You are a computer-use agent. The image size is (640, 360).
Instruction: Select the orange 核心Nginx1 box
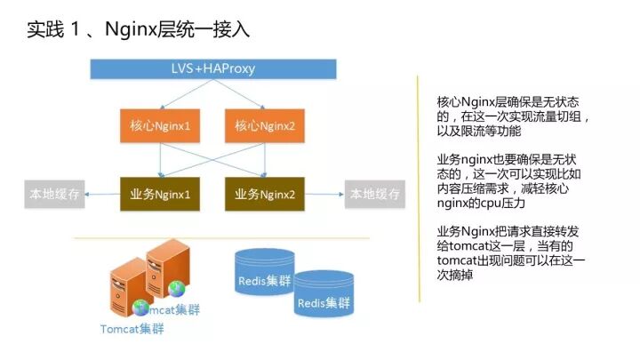point(162,126)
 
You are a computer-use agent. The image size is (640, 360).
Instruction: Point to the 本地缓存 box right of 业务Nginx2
point(372,193)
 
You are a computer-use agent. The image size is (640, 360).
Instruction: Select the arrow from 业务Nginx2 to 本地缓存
point(323,193)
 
